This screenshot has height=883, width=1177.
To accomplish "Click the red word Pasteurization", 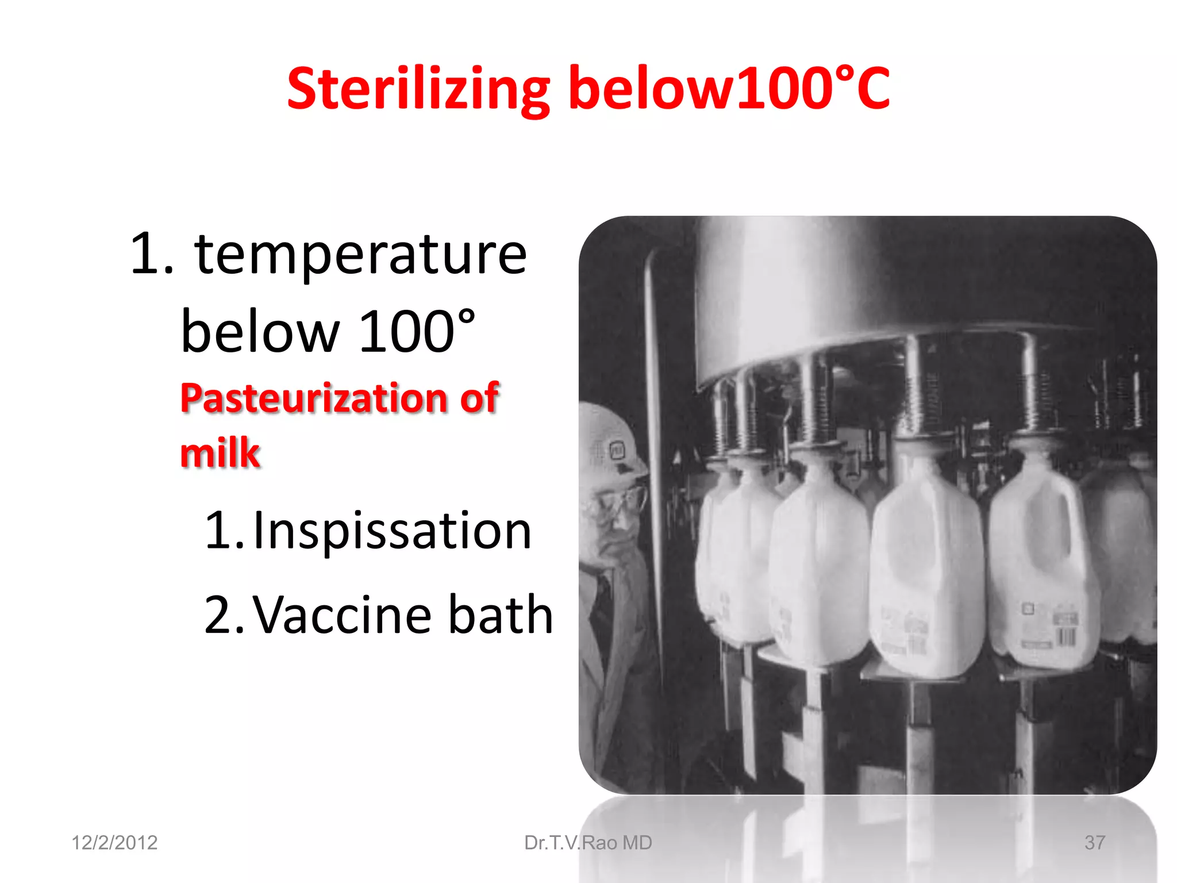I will [x=314, y=398].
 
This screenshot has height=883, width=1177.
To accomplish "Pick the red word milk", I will [x=220, y=453].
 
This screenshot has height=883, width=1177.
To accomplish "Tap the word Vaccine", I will [x=343, y=615].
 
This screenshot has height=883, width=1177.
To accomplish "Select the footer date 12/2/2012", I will [x=114, y=843].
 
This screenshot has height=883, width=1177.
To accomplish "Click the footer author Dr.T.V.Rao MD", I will [x=588, y=843].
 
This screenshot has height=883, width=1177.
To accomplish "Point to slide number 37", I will [x=1094, y=843].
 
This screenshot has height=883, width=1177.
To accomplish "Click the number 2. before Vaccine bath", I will [x=224, y=615].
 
